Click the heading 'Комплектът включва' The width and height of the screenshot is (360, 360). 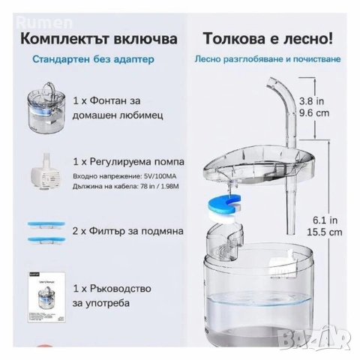click(x=100, y=37)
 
